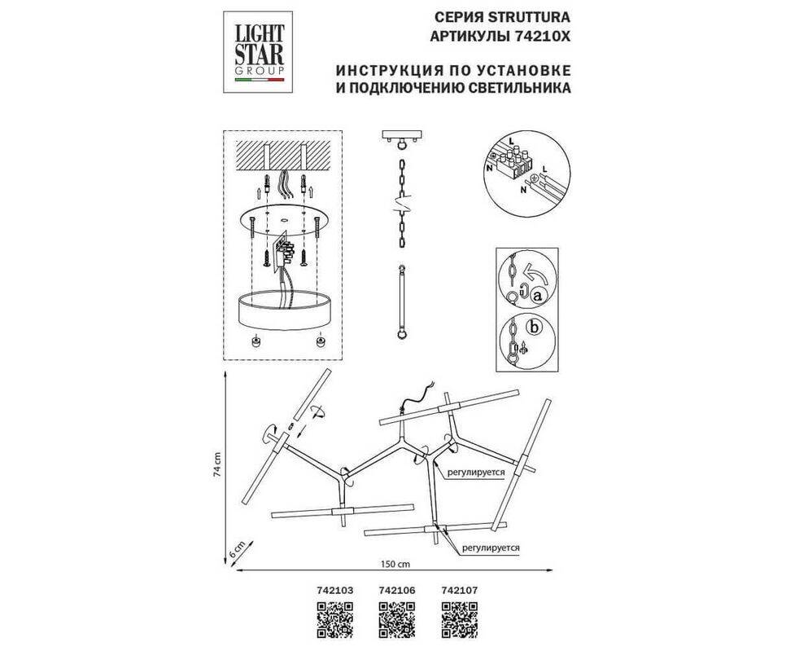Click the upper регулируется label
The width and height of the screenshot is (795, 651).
(x=475, y=472)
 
